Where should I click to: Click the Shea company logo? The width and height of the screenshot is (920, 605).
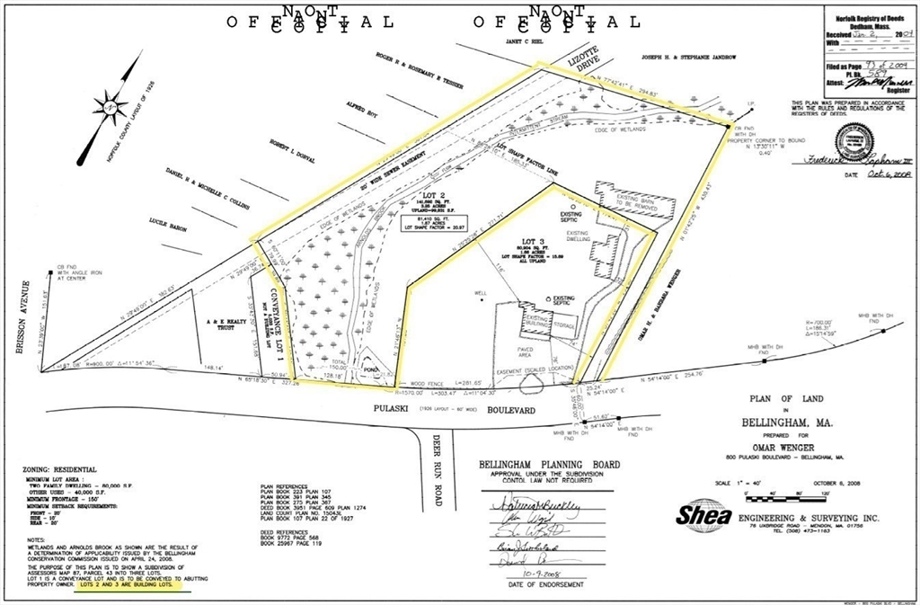[703, 516]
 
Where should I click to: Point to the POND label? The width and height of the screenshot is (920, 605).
[368, 369]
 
